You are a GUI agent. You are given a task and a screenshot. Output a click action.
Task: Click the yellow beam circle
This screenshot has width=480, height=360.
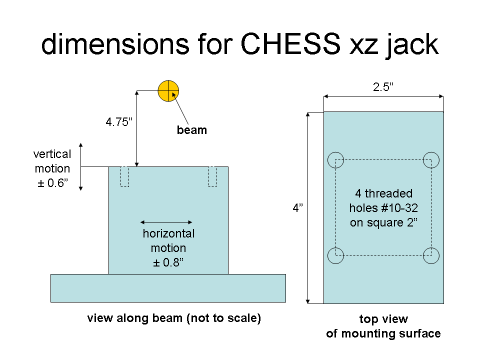click(x=168, y=91)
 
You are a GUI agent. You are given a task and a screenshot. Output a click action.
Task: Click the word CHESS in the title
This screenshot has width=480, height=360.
click(x=290, y=44)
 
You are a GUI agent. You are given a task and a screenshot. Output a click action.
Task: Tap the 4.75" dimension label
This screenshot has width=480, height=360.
click(x=119, y=122)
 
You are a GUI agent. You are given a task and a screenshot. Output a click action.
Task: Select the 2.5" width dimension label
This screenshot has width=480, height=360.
click(x=383, y=87)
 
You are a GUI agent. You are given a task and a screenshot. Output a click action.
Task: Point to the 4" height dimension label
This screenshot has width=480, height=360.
click(x=297, y=208)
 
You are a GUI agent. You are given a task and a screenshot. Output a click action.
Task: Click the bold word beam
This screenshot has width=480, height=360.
click(x=192, y=130)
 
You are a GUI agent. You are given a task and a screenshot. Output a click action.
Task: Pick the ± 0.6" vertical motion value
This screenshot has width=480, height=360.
click(x=52, y=183)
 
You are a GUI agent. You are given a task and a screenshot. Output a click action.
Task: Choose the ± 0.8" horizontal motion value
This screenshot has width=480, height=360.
click(x=168, y=262)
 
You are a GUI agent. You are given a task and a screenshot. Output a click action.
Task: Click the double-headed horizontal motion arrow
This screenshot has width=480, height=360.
click(x=166, y=222)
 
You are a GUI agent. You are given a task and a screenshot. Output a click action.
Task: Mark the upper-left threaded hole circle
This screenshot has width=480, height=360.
click(x=336, y=152)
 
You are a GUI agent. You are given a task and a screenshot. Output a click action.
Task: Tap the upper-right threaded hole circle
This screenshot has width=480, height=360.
click(x=431, y=152)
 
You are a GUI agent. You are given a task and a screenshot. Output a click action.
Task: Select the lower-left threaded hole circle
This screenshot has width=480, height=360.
click(x=336, y=247)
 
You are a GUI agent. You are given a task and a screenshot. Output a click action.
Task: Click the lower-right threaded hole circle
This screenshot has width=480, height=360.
click(x=431, y=247)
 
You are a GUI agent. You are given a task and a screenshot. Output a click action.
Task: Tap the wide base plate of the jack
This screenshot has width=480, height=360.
click(x=168, y=288)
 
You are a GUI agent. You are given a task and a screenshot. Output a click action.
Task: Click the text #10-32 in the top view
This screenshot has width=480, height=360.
click(x=400, y=208)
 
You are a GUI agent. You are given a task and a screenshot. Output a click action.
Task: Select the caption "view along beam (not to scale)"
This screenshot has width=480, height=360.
click(x=174, y=318)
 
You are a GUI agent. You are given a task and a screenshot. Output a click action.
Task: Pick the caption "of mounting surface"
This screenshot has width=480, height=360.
click(x=383, y=333)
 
